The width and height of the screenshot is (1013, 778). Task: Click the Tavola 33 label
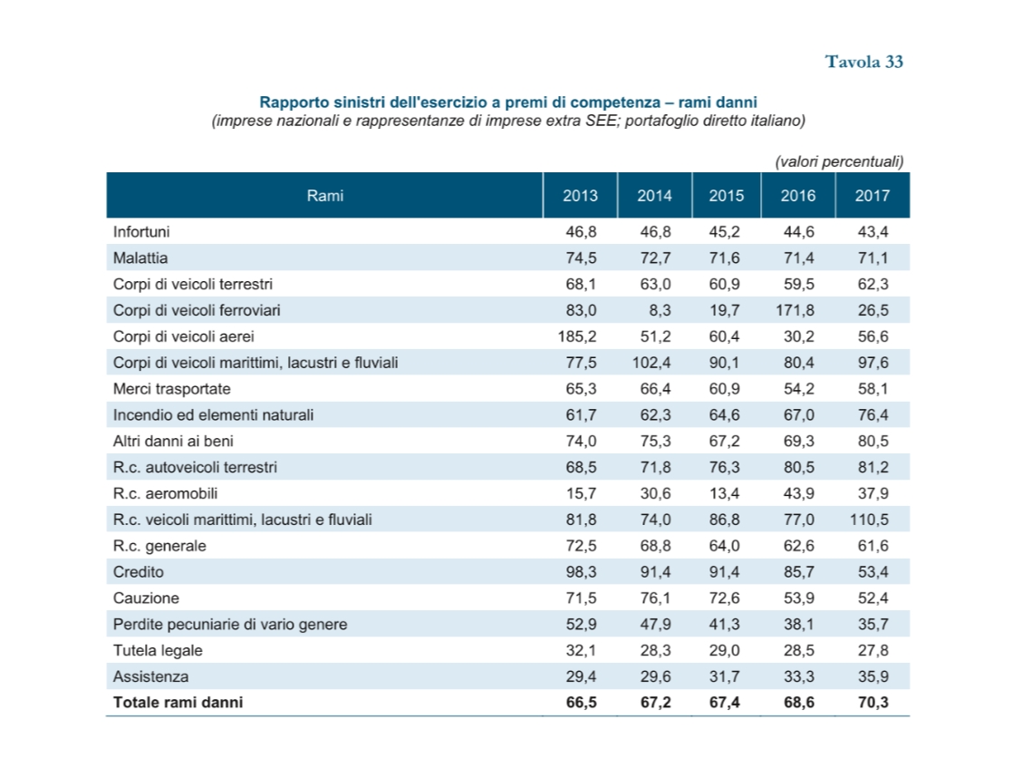click(x=863, y=62)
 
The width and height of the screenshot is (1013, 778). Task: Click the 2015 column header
click(x=726, y=195)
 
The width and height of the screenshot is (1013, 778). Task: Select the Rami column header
click(x=325, y=195)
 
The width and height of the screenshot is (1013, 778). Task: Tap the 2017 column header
click(x=873, y=195)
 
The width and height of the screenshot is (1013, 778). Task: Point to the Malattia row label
click(x=140, y=258)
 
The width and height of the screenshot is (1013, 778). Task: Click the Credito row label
click(x=139, y=571)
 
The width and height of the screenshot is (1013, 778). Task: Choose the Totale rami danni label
click(x=178, y=703)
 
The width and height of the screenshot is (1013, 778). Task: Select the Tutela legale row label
click(x=158, y=650)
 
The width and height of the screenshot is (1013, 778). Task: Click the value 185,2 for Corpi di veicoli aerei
click(x=577, y=336)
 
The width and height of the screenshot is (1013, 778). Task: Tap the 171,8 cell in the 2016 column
click(x=795, y=310)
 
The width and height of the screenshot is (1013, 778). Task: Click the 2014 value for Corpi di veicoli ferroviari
click(x=660, y=310)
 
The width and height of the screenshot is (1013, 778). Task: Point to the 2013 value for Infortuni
click(x=582, y=231)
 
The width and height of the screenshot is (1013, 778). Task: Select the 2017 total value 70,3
click(x=873, y=703)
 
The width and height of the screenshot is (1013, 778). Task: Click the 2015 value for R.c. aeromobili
click(x=724, y=493)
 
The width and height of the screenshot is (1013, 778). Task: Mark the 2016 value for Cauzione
click(x=798, y=598)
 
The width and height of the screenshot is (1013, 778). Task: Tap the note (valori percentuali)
click(x=839, y=161)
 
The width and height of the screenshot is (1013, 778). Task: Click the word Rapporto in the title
click(x=289, y=102)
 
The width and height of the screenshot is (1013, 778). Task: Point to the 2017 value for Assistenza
click(x=873, y=676)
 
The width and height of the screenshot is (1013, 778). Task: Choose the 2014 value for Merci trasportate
click(x=656, y=389)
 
